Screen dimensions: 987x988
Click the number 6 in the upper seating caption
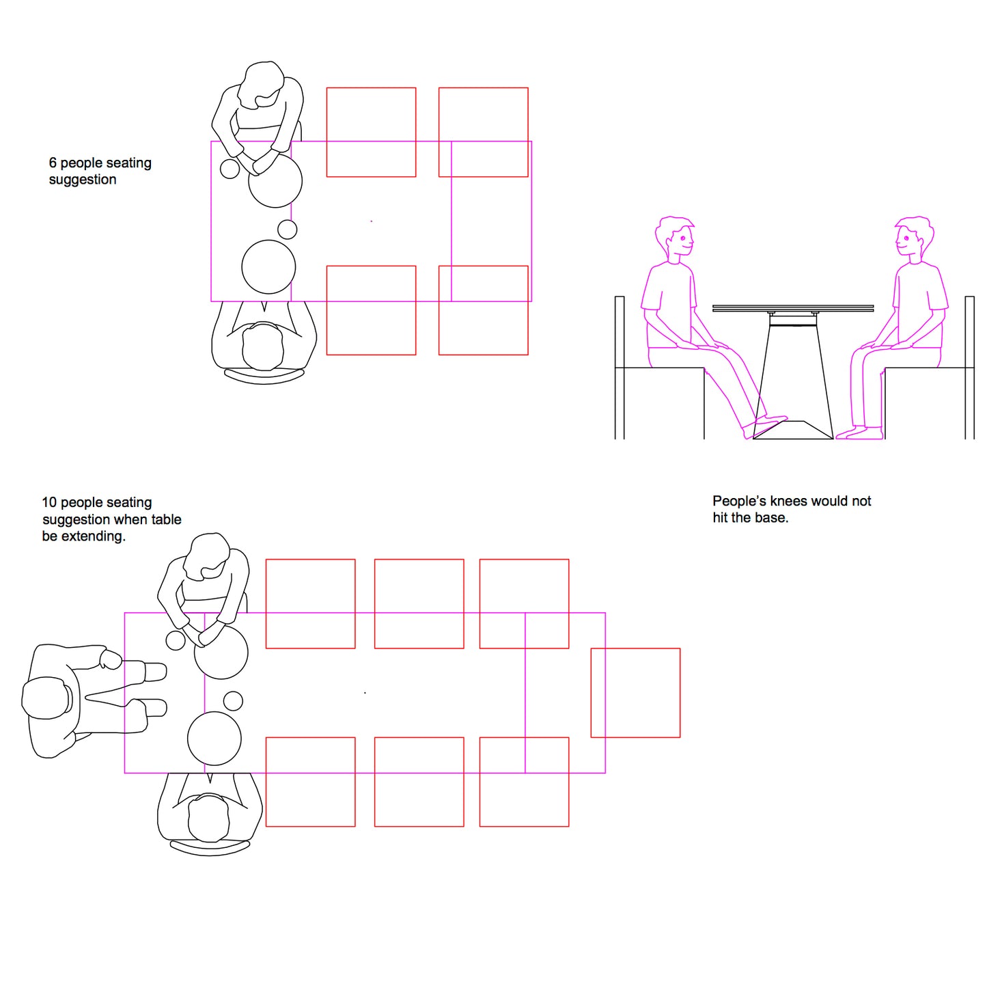[x=53, y=163]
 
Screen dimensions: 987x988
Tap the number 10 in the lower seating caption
[x=48, y=502]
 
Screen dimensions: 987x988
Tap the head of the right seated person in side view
[x=915, y=236]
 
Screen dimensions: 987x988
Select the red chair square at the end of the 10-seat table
[x=635, y=693]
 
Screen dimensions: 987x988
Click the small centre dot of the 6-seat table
[x=371, y=221]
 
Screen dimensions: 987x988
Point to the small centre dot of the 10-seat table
[x=365, y=693]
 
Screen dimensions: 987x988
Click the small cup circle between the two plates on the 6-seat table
[x=287, y=229]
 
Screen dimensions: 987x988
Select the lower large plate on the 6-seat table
[x=268, y=266]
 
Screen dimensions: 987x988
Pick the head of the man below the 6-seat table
[x=262, y=346]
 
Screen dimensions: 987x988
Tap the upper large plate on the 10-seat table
[x=221, y=652]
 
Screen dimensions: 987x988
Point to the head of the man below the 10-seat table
[x=208, y=818]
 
